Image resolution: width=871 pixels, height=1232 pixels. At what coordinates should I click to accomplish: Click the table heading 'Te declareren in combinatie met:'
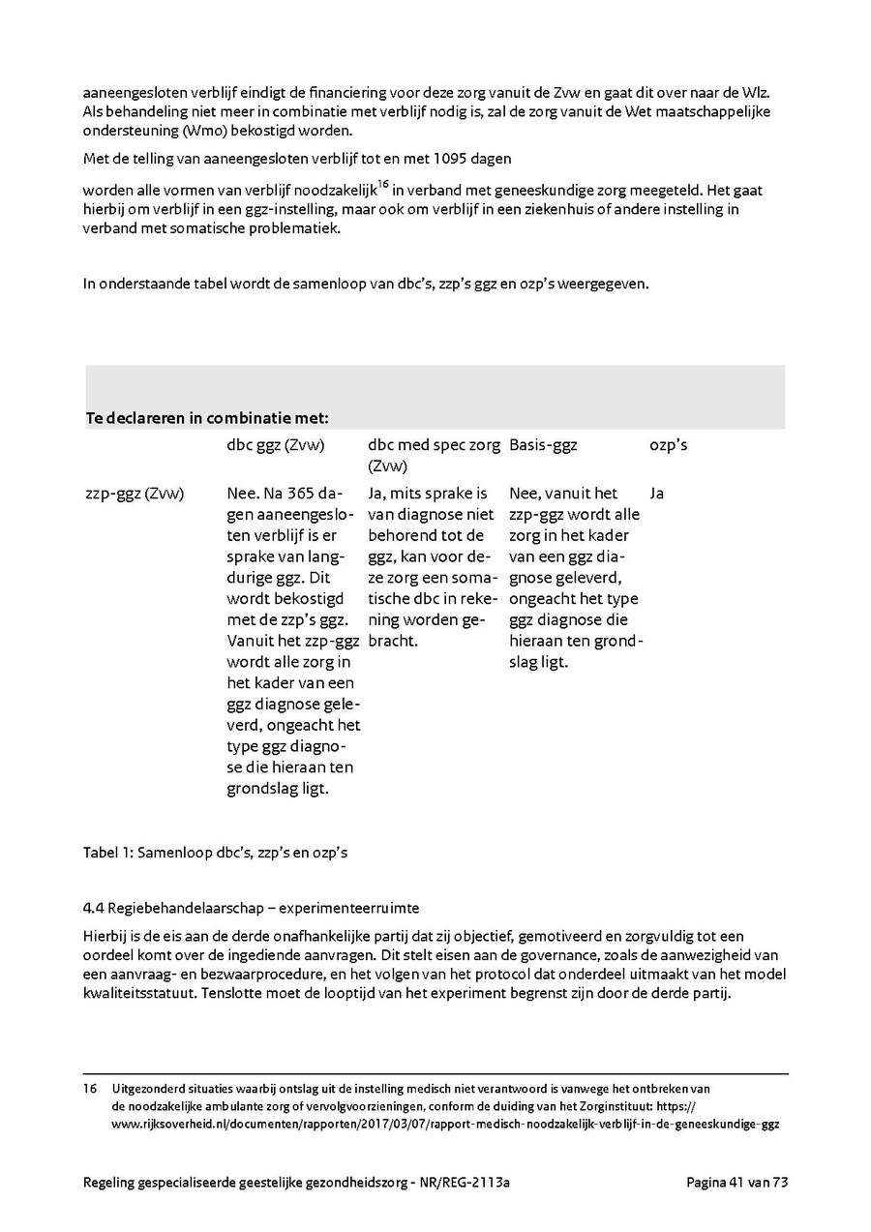coord(207,418)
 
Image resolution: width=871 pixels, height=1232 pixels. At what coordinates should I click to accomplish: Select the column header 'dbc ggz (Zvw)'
coord(275,445)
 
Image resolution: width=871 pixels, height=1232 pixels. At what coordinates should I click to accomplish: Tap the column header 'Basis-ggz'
coord(543,445)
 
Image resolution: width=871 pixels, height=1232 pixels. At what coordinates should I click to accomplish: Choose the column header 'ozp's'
coord(668,445)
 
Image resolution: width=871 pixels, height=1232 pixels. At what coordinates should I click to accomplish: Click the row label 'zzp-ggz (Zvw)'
coord(135,494)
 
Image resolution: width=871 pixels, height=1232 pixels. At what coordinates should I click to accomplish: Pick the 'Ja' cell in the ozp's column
coord(657,494)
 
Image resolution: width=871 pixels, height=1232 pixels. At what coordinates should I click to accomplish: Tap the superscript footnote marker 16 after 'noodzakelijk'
coord(383,184)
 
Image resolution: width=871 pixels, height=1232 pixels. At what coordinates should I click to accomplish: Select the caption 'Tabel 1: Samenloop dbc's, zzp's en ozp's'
coord(215,853)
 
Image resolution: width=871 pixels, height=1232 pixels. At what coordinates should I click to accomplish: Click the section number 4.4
coord(93,909)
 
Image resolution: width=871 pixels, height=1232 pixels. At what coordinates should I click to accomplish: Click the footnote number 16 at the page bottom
coord(91,1088)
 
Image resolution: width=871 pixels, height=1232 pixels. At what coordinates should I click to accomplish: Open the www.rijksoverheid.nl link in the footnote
coord(445,1125)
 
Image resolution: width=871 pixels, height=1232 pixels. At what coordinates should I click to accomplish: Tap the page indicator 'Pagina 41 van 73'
coord(736,1182)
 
